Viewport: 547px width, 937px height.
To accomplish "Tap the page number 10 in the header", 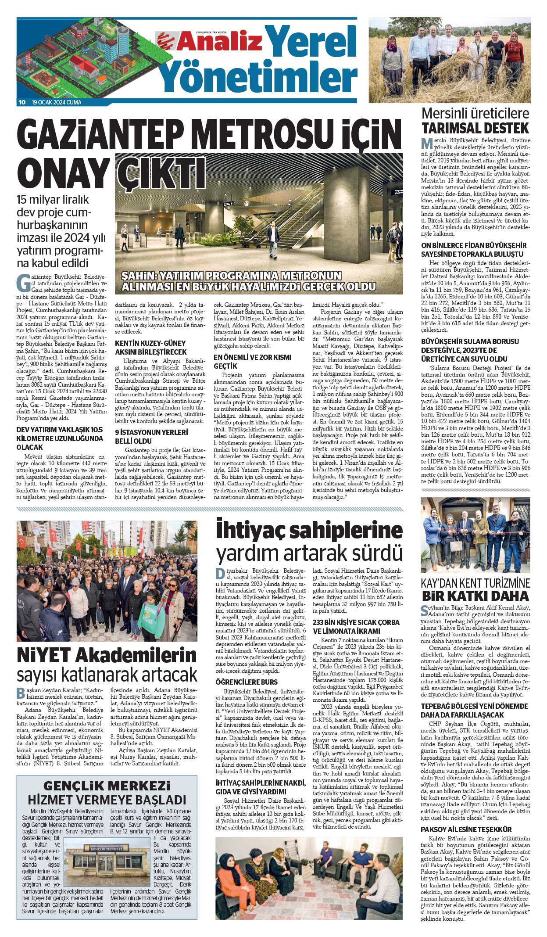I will [x=22, y=102].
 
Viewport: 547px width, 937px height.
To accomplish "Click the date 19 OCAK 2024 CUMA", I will [x=57, y=102].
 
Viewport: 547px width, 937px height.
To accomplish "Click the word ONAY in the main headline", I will [x=64, y=173].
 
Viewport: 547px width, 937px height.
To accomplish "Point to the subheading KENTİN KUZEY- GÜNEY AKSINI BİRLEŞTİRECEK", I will [x=151, y=348].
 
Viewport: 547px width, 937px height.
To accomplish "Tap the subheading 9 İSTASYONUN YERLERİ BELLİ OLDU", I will [x=151, y=437].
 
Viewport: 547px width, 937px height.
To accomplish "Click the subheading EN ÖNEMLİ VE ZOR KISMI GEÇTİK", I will [x=252, y=362].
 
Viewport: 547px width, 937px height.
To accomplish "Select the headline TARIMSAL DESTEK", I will [x=475, y=129].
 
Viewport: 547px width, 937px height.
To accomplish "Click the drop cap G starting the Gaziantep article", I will [x=23, y=283].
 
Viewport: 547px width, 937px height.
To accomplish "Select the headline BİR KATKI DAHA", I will [x=475, y=596].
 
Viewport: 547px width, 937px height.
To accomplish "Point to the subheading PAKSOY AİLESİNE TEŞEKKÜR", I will [x=466, y=829].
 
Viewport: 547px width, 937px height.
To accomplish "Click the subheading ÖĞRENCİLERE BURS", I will [x=247, y=682].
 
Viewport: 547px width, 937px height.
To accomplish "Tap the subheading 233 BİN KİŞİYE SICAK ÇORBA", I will [x=356, y=622].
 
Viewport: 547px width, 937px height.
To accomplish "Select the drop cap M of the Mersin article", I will [x=427, y=144].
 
